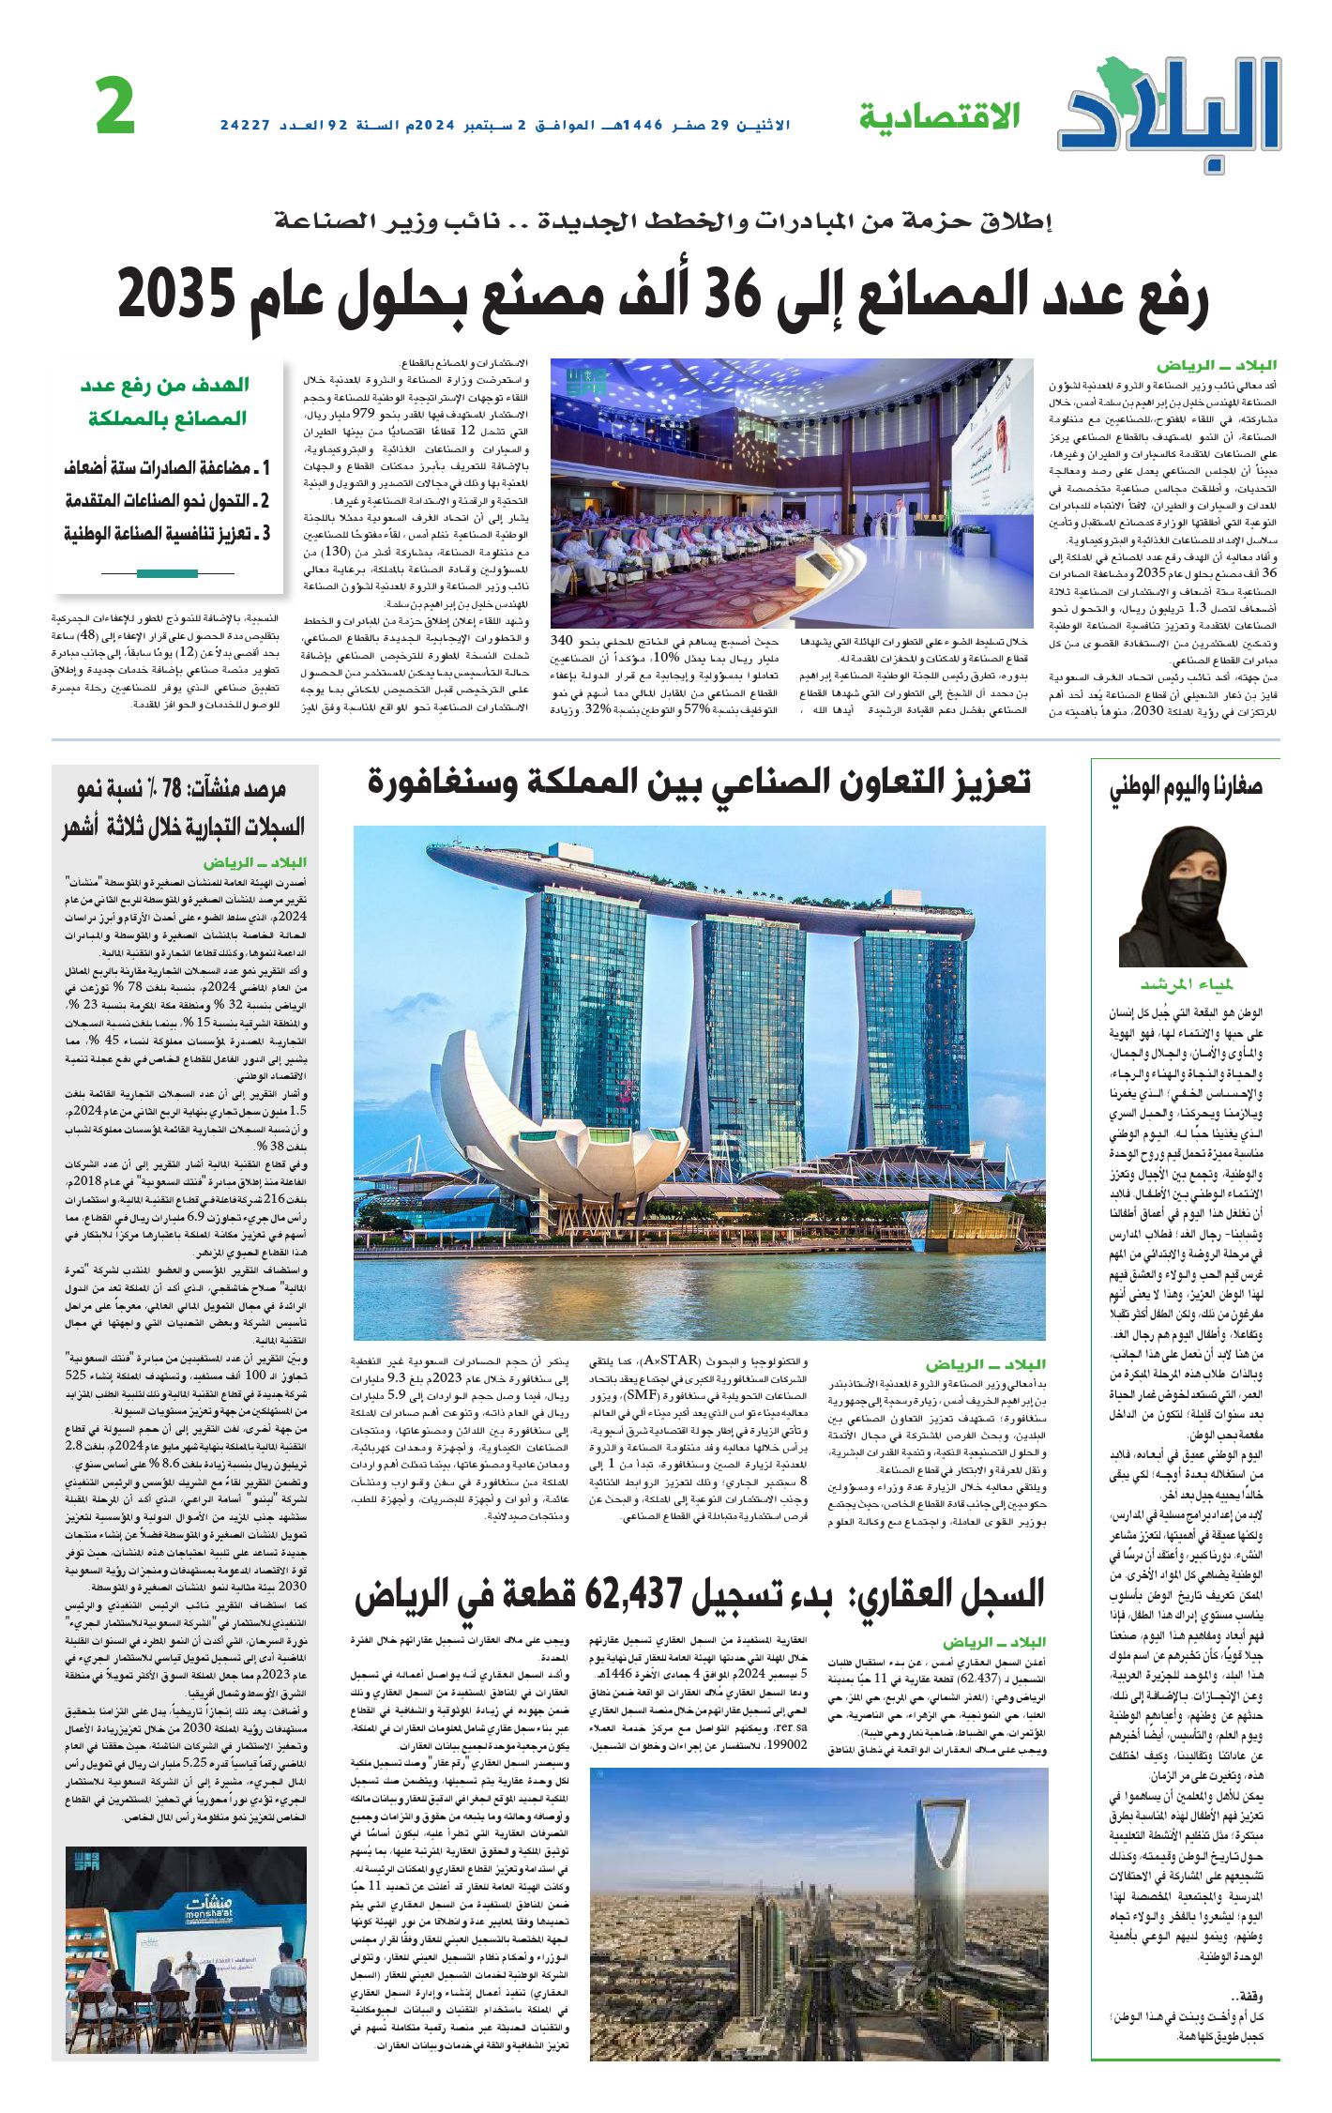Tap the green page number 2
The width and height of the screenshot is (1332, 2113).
[116, 109]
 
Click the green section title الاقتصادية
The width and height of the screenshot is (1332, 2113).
[939, 117]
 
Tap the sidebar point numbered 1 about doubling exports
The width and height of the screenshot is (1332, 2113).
[167, 467]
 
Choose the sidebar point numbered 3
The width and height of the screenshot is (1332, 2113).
[167, 534]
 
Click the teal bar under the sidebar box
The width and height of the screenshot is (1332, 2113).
[167, 573]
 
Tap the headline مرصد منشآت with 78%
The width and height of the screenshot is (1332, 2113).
[184, 808]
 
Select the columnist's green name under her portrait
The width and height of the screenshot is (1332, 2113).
[1186, 984]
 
